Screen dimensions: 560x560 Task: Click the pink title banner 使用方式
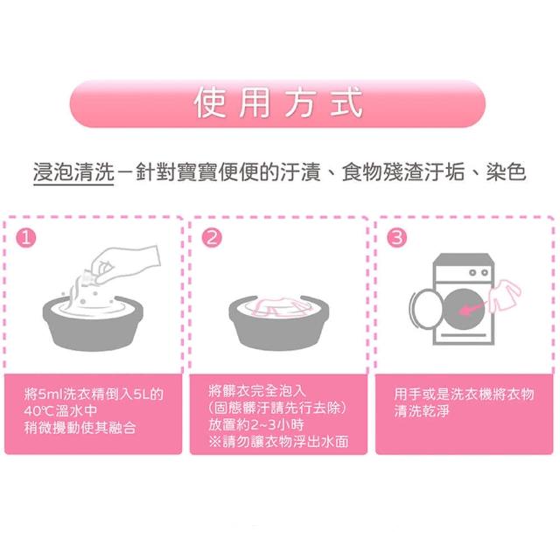(277, 103)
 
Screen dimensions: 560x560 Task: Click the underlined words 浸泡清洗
(73, 172)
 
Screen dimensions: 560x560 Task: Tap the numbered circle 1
(26, 238)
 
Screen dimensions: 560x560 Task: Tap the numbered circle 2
(212, 238)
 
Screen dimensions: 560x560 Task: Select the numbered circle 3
(397, 238)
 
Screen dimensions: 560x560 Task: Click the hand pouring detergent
(125, 263)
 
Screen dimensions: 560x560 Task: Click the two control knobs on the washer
(479, 273)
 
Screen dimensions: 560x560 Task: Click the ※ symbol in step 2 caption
(215, 442)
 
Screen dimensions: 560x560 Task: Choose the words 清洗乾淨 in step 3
(422, 410)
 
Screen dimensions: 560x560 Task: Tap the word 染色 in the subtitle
(506, 172)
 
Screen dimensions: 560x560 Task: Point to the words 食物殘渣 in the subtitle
(382, 172)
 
